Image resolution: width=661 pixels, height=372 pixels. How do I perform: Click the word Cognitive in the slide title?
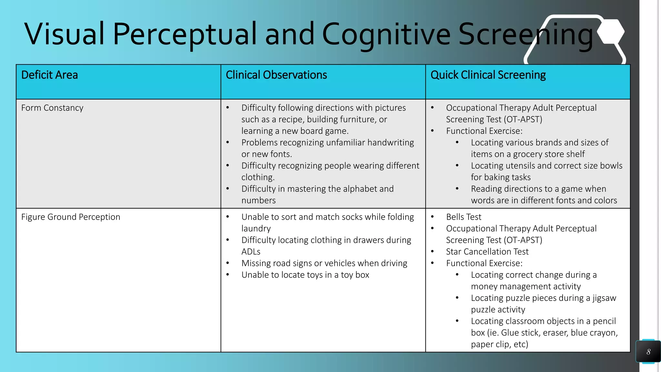point(386,34)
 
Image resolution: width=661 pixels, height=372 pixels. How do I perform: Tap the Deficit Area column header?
point(49,75)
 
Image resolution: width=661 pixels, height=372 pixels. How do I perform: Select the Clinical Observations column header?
point(276,75)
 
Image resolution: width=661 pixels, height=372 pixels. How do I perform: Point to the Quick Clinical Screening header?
point(488,75)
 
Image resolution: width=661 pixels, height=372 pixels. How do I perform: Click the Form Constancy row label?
point(52,108)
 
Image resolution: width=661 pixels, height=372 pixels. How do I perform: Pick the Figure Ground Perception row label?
point(71,217)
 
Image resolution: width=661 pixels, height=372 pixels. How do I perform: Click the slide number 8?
point(648,352)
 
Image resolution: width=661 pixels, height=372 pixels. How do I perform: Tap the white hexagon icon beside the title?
point(611,32)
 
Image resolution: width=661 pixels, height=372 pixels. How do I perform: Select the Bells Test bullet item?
point(463,217)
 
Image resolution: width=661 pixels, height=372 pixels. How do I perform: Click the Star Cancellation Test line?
point(487,252)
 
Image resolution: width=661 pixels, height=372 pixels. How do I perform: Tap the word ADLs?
point(251,252)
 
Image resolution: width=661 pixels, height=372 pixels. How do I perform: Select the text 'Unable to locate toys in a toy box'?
point(305,275)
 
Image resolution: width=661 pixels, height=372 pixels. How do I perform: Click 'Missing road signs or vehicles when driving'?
point(324,263)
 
